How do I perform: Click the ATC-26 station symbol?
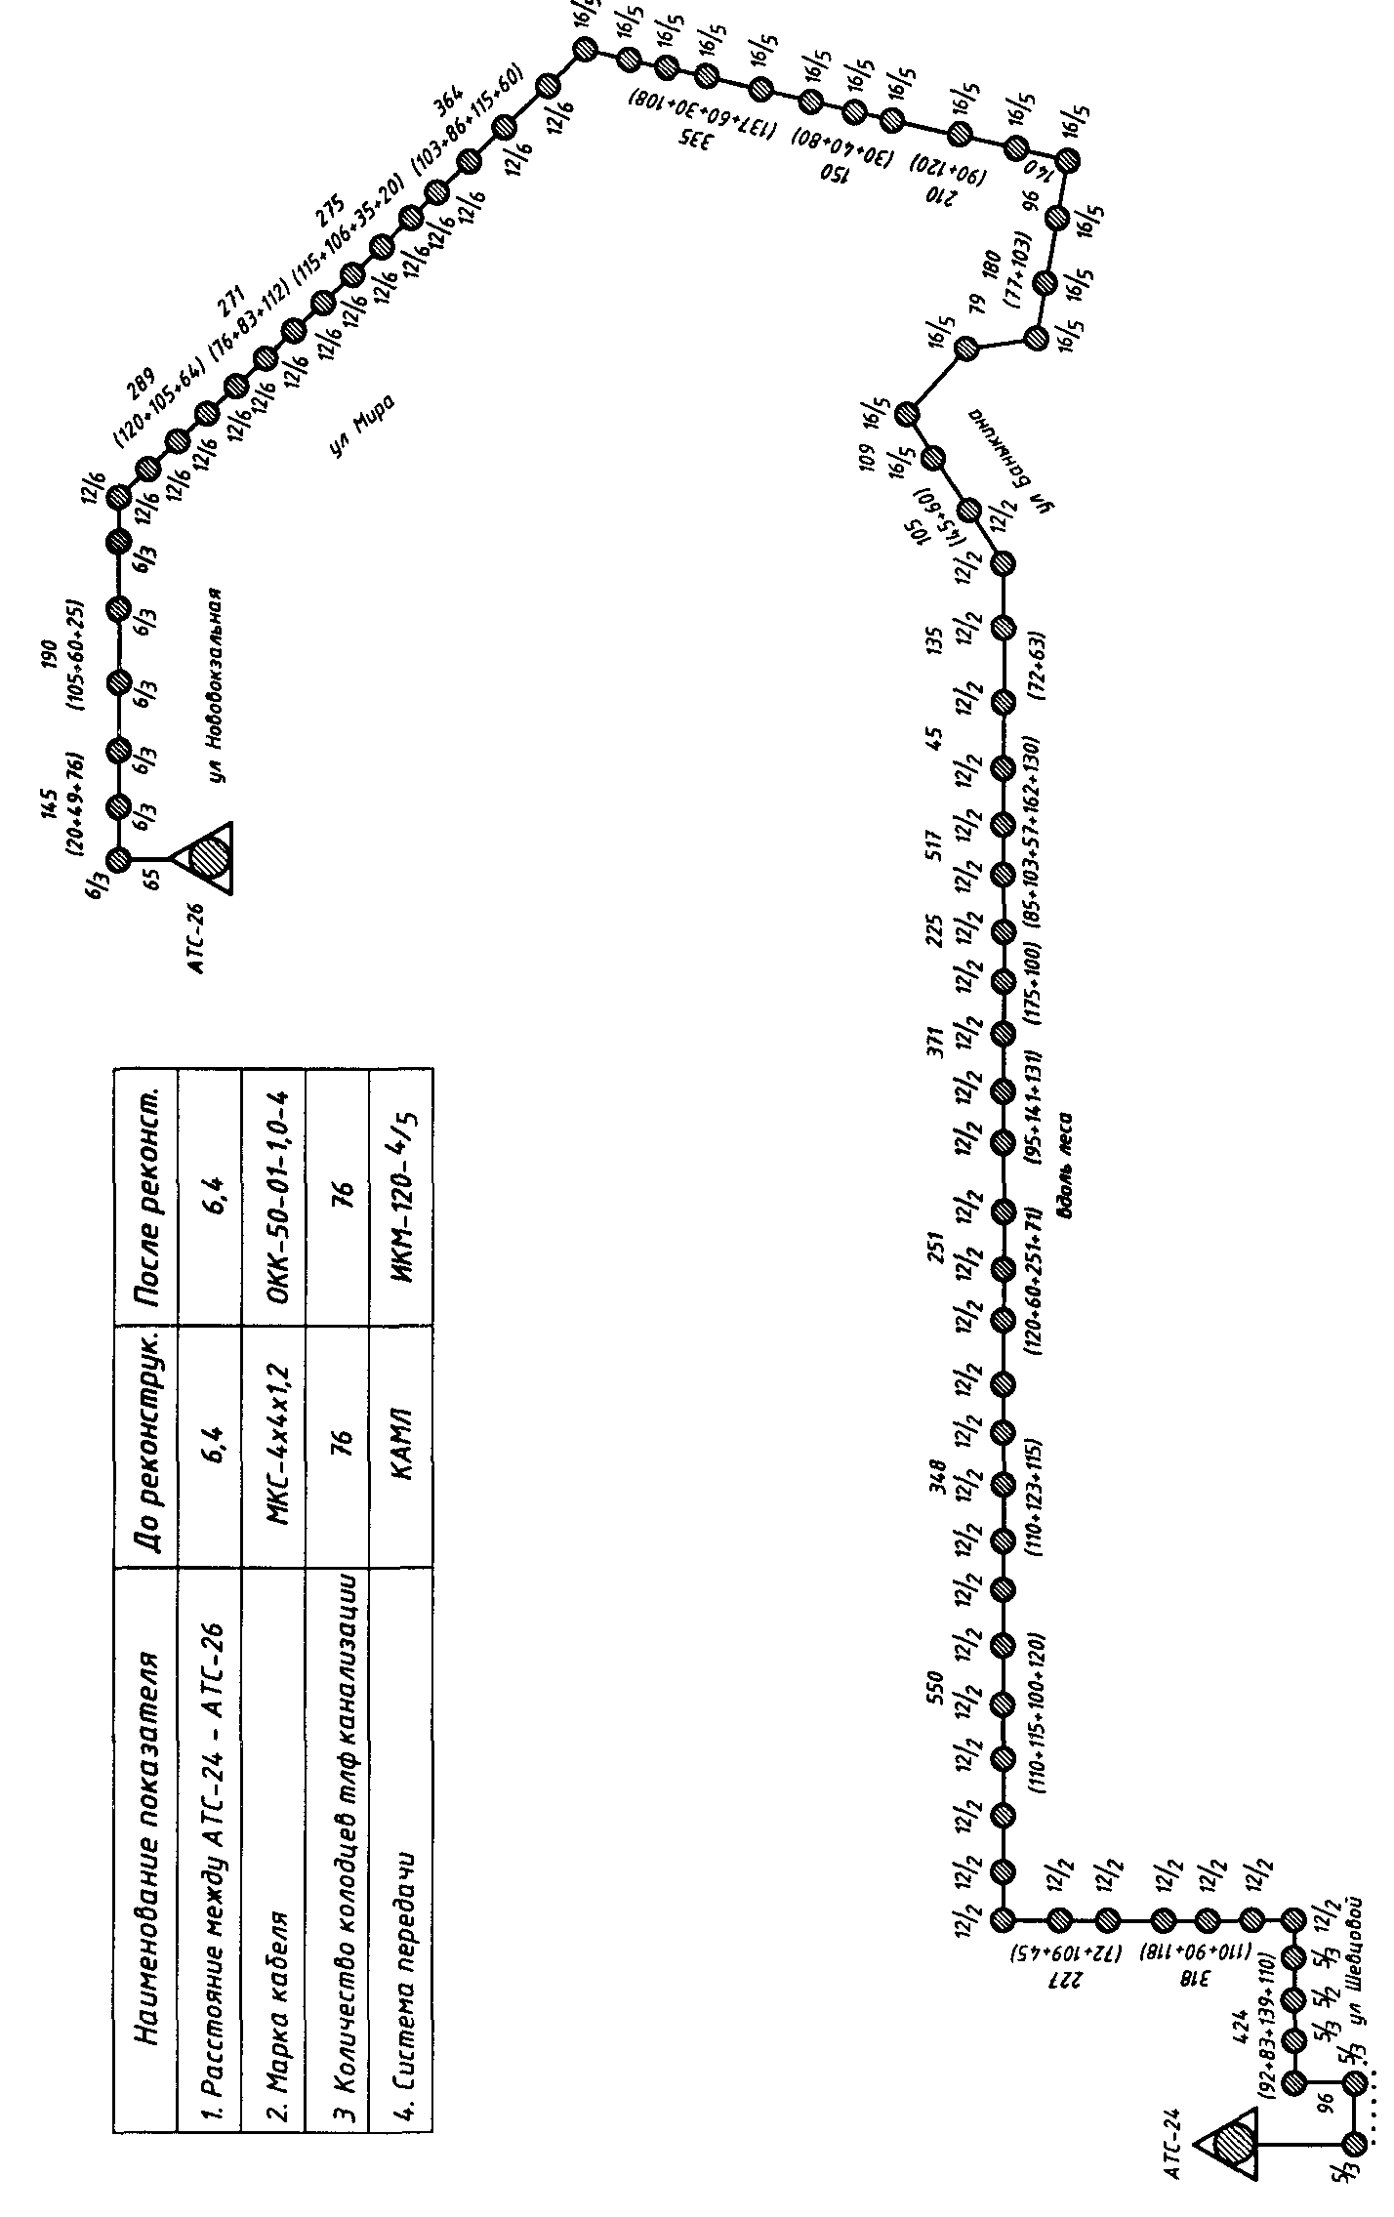pos(207,858)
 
